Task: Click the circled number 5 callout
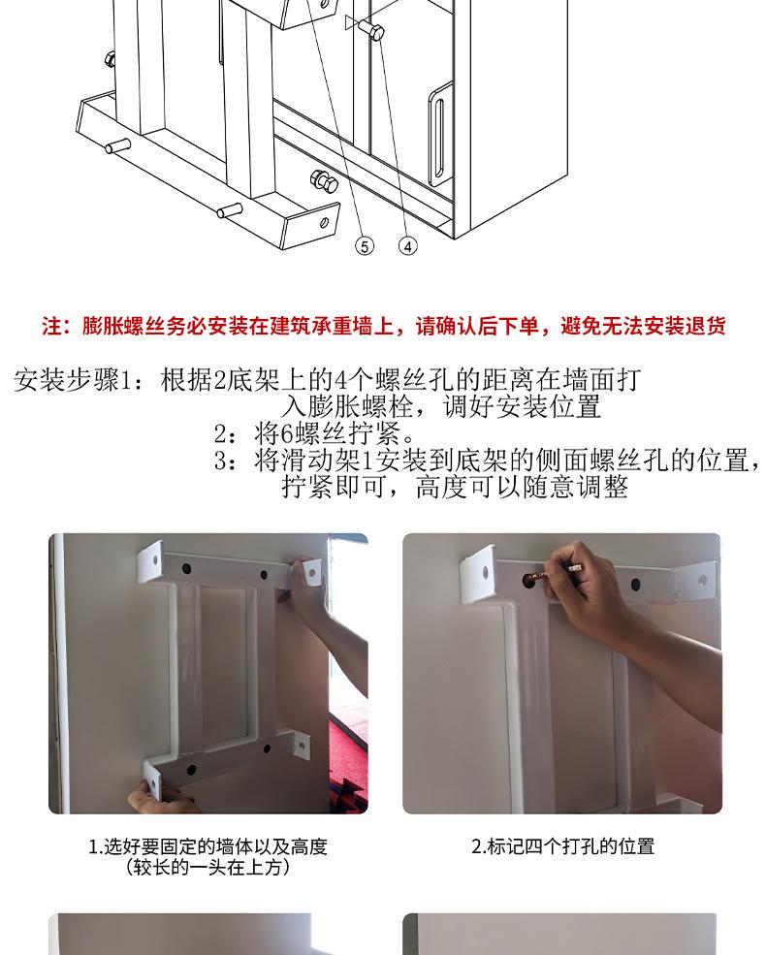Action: [x=365, y=246]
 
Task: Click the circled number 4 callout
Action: [x=408, y=246]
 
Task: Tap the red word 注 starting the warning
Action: [x=51, y=327]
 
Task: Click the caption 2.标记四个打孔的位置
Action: [x=562, y=846]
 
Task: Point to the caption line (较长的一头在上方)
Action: [x=207, y=867]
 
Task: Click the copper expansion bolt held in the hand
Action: [x=556, y=573]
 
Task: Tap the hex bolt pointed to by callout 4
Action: [x=370, y=29]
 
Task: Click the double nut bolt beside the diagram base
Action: [x=324, y=181]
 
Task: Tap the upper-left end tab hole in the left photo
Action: [x=155, y=559]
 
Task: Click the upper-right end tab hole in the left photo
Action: [x=313, y=572]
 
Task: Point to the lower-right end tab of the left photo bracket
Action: [x=300, y=744]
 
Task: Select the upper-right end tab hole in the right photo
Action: [x=703, y=580]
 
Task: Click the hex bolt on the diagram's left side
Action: [x=111, y=60]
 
